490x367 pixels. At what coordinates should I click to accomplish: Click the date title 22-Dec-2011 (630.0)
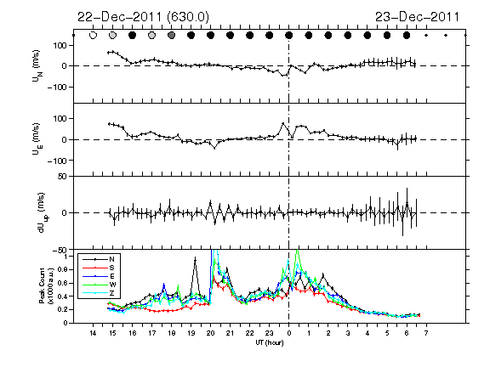tap(143, 17)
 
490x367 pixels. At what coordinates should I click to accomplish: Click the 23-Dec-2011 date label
tap(417, 17)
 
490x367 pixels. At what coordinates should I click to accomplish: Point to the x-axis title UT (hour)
tap(270, 342)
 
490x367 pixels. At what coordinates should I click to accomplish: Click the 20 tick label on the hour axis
tap(210, 333)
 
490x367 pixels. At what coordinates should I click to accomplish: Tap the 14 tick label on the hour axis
tap(93, 333)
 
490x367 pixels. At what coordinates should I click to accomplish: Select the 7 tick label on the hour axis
tap(426, 333)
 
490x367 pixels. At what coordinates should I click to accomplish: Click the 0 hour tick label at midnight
tap(288, 333)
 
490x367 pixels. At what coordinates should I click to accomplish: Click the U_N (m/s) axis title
tap(37, 65)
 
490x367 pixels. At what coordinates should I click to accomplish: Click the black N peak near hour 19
tap(196, 258)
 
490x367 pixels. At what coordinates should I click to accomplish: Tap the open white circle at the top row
tap(93, 36)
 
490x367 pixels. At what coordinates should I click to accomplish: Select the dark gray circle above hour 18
tap(171, 36)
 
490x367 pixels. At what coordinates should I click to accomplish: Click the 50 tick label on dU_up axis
tap(62, 177)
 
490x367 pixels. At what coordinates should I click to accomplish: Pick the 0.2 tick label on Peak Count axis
tap(66, 309)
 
